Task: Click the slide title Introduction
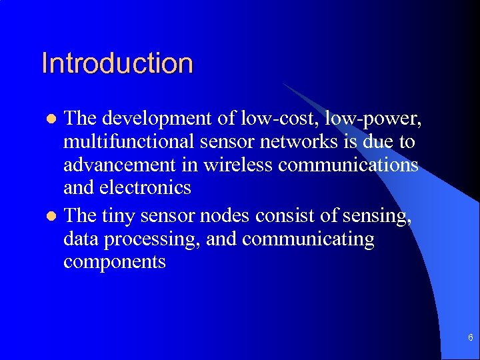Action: (x=117, y=63)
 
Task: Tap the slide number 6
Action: (x=471, y=338)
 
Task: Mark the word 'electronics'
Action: (x=145, y=188)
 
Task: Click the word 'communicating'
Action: (x=308, y=239)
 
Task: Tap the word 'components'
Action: (x=114, y=262)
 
